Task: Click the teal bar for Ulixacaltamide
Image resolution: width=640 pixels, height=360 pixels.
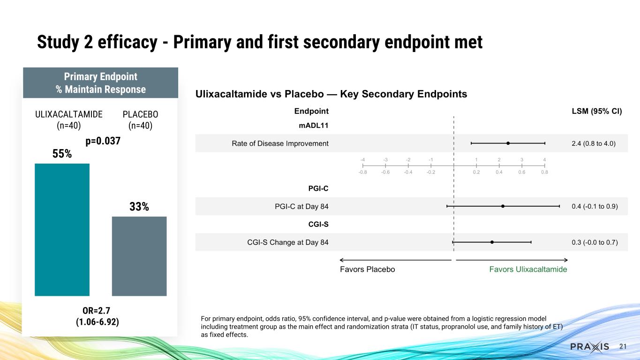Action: tap(62, 230)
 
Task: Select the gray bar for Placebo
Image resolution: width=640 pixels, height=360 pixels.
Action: tap(139, 256)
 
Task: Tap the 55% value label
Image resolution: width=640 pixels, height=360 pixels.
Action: tap(62, 153)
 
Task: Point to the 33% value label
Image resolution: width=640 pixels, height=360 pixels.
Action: tap(139, 206)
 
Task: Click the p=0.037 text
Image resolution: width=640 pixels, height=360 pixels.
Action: tap(103, 141)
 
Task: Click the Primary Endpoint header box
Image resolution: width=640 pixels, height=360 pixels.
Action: tap(100, 82)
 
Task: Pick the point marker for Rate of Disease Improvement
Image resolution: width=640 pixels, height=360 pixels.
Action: tap(508, 143)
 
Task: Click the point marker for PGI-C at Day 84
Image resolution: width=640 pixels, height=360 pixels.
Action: tap(503, 206)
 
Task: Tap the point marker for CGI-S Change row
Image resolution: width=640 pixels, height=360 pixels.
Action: tap(492, 242)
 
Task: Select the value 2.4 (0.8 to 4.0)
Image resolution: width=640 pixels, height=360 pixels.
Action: tap(591, 143)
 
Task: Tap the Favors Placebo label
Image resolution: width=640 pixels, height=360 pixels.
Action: tap(367, 270)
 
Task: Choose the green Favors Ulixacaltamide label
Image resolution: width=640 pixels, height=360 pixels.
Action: tap(528, 270)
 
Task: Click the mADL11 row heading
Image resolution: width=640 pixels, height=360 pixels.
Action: tap(314, 126)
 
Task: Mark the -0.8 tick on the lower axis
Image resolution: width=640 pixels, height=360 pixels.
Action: tap(363, 172)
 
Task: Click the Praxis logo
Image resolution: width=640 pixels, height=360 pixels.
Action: tap(589, 346)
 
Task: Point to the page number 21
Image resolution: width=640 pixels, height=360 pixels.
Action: tap(623, 346)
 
